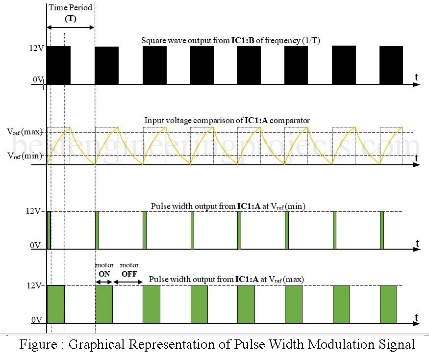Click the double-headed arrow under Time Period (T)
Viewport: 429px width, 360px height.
[70, 27]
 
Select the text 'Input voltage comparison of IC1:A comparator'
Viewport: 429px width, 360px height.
[227, 120]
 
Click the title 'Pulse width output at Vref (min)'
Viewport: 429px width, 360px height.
[227, 206]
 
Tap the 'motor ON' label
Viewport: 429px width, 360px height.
[104, 269]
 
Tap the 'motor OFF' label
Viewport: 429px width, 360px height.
[129, 269]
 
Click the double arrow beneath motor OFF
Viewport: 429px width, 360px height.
[127, 282]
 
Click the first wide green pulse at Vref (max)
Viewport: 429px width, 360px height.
[55, 304]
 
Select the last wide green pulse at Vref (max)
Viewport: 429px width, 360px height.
[388, 304]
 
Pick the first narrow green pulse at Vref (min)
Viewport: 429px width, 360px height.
[49, 230]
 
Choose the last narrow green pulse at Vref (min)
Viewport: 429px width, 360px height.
[381, 230]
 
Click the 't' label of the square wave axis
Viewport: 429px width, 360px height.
[416, 77]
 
